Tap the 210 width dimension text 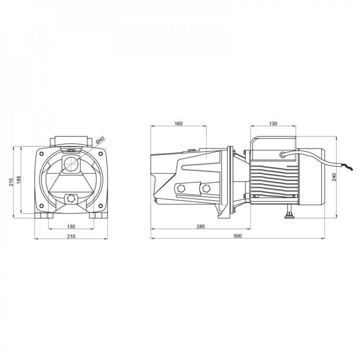(x=71, y=236)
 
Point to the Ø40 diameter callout (x=100, y=140)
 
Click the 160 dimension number (x=179, y=124)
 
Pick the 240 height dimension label (x=334, y=177)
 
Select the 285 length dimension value (x=201, y=226)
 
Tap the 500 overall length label (x=238, y=236)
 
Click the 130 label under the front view (x=71, y=226)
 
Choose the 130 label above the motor (x=273, y=124)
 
